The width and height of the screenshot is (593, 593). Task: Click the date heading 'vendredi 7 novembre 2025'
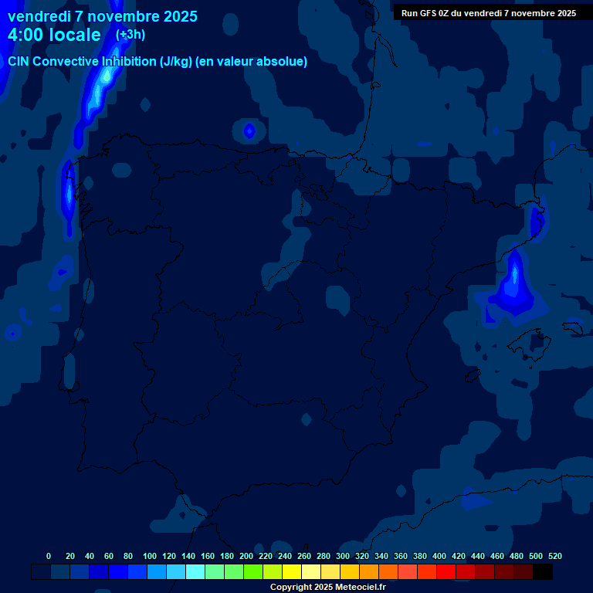[102, 16]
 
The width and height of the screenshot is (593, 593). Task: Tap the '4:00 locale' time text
[54, 35]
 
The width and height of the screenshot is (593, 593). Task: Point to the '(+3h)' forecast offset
[130, 35]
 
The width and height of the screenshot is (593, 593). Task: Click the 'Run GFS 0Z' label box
[488, 12]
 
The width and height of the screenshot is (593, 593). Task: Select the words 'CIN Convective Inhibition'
[82, 62]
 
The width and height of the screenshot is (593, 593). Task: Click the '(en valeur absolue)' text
[252, 62]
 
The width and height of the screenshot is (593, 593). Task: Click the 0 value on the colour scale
[49, 556]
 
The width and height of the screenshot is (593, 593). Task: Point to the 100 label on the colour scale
[150, 556]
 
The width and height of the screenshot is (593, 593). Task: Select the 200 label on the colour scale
[246, 556]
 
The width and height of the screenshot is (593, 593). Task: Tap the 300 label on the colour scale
[343, 556]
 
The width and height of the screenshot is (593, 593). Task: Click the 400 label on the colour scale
[439, 556]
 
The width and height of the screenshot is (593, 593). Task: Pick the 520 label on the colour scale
[555, 556]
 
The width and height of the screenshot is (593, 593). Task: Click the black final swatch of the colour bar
[543, 572]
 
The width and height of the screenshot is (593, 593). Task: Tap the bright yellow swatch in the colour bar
[292, 572]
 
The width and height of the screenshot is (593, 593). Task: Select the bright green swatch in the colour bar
[253, 572]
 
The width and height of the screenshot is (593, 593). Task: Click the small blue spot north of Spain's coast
[249, 131]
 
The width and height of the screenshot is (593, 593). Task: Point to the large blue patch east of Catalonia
[513, 286]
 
